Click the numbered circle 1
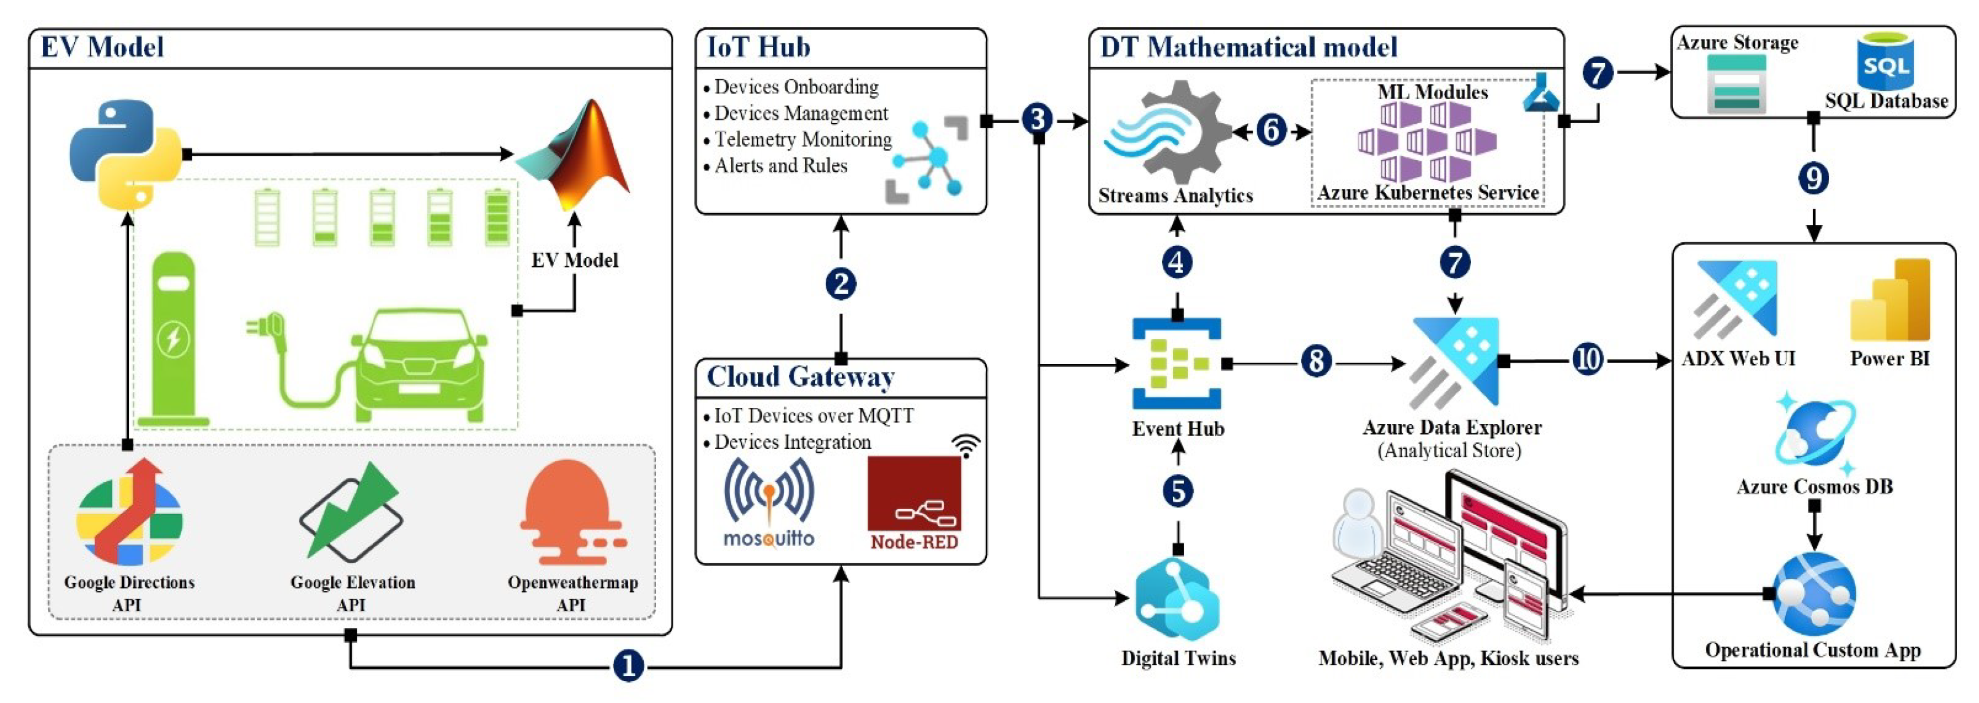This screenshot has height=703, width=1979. (628, 665)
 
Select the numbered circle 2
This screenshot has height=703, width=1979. (841, 285)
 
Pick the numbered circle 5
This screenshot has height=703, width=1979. (1178, 491)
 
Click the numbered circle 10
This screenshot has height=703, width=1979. (1588, 359)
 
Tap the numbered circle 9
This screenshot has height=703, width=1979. (1814, 178)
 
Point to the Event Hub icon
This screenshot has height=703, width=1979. (1177, 362)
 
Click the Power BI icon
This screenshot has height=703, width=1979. (1890, 300)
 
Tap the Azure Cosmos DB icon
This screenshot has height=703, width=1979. (1814, 433)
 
